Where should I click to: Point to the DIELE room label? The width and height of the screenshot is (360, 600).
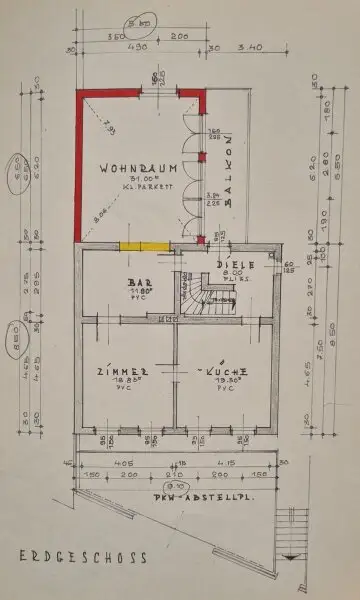(x=236, y=264)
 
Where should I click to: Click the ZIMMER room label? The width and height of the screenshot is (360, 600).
(x=129, y=371)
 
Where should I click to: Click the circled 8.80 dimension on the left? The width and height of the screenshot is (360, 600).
(x=16, y=328)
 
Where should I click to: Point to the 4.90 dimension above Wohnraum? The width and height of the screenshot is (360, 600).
(x=138, y=46)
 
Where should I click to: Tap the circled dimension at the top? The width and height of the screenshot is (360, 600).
(x=139, y=20)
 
